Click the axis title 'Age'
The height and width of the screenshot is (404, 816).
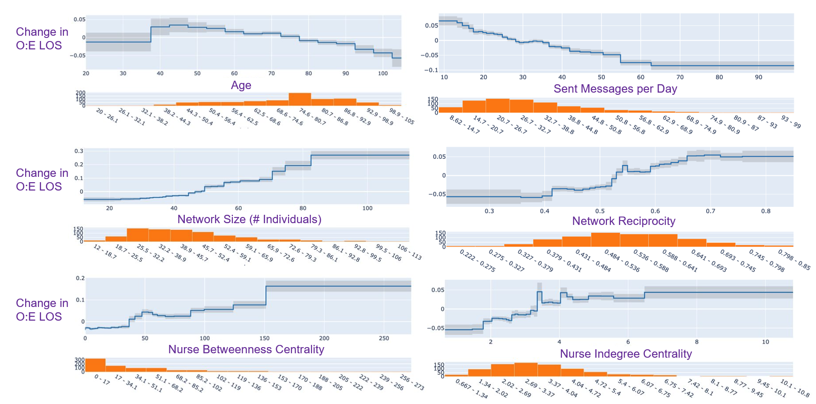(x=241, y=85)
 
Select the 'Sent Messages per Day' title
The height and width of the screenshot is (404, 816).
(x=615, y=89)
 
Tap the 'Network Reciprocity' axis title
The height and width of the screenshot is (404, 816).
(x=623, y=221)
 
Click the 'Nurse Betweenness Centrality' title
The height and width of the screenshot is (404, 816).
(x=246, y=349)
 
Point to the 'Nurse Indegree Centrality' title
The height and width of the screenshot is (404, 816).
(x=625, y=354)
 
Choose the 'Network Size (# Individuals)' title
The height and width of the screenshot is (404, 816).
(x=249, y=219)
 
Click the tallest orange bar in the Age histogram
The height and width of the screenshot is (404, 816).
(x=299, y=99)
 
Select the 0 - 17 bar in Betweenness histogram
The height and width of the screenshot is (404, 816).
(x=95, y=365)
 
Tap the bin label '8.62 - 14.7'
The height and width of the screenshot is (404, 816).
(x=464, y=124)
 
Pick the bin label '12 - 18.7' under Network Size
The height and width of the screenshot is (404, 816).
(x=105, y=251)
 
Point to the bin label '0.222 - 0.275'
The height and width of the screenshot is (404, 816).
(x=477, y=260)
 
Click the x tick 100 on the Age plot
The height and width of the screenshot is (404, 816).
(x=383, y=74)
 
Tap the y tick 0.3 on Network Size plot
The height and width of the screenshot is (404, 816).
(x=79, y=151)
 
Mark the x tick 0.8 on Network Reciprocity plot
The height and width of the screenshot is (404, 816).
(x=766, y=211)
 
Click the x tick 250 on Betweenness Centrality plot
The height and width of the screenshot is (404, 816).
(x=384, y=338)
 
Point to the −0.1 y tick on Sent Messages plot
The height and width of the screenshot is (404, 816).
(x=431, y=70)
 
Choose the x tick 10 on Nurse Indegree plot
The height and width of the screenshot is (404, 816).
(x=765, y=342)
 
